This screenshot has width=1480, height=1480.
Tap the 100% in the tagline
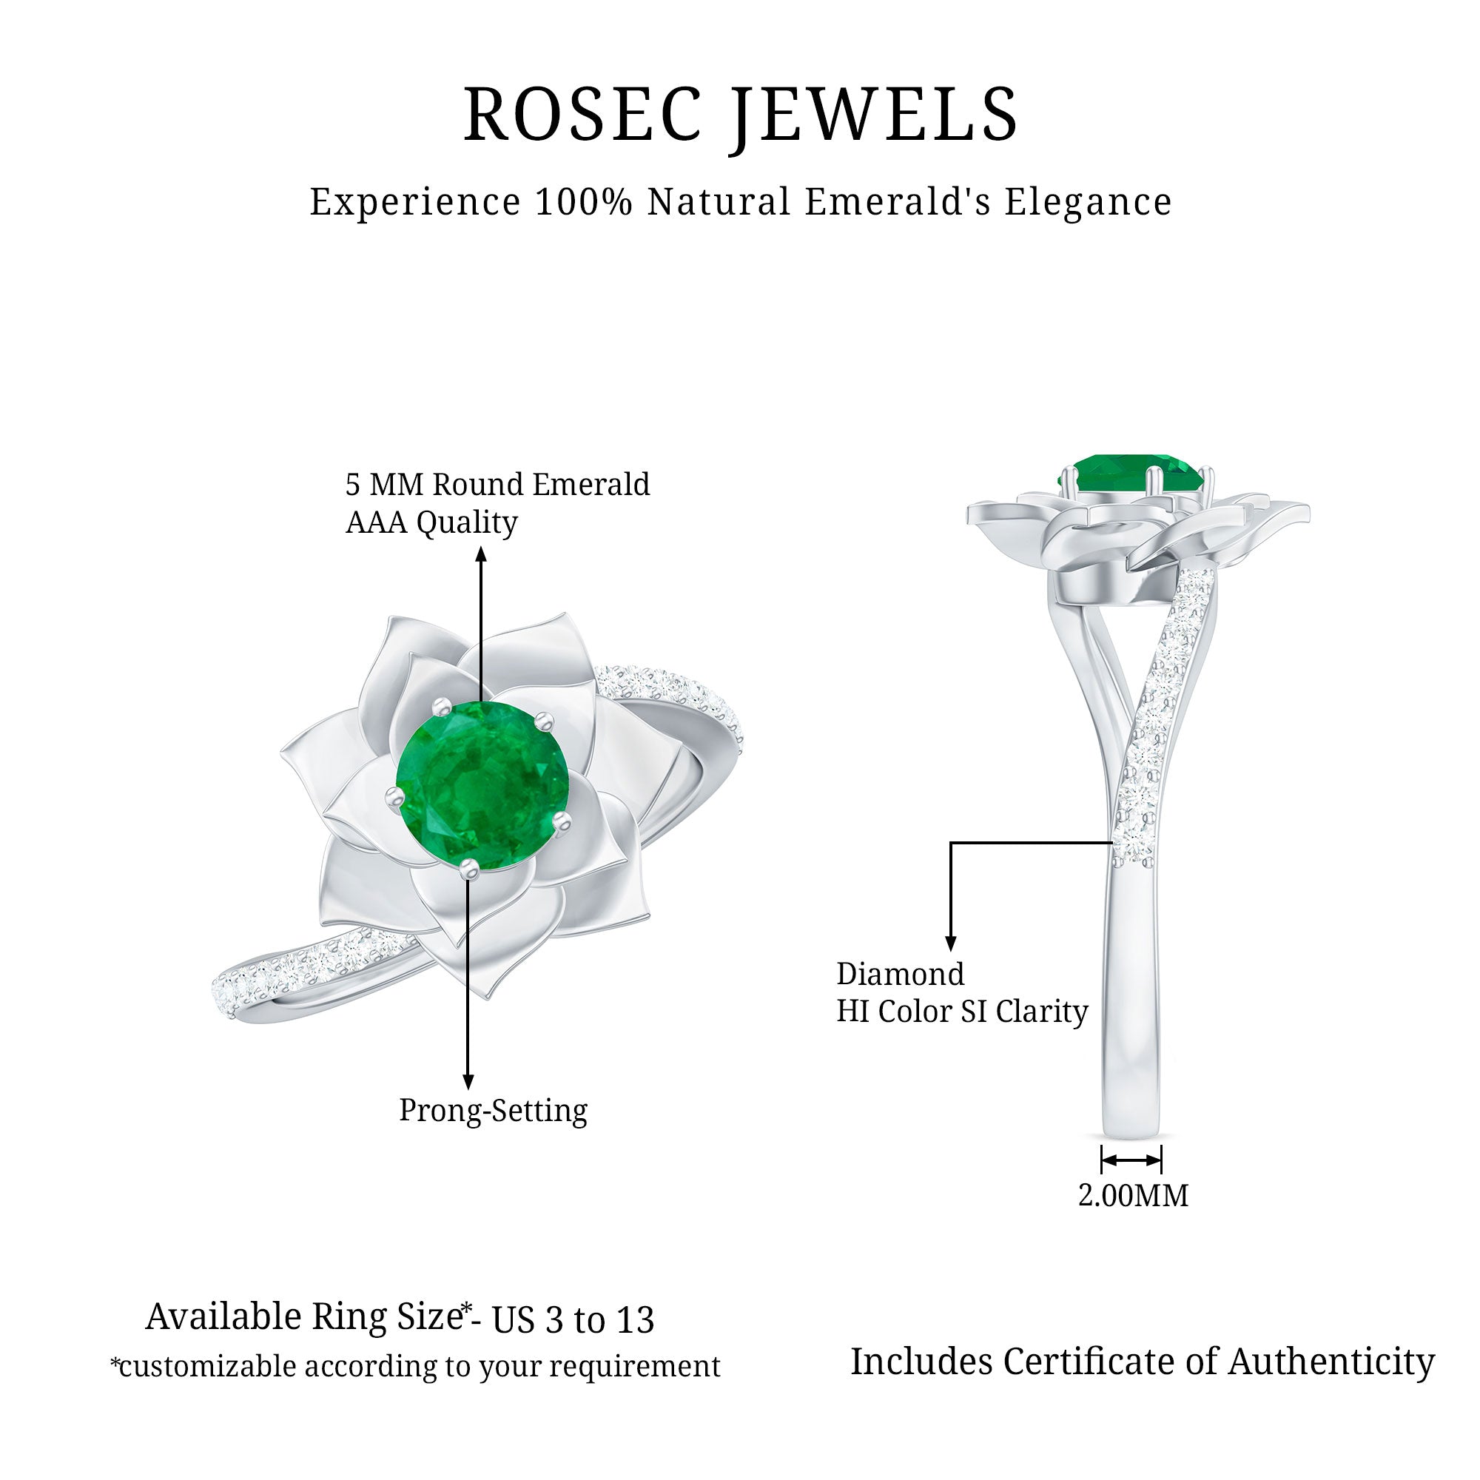click(x=584, y=202)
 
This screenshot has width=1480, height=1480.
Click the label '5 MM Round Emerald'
click(x=497, y=485)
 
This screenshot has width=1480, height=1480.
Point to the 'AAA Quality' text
click(x=431, y=523)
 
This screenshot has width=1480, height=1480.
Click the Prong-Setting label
click(x=493, y=1111)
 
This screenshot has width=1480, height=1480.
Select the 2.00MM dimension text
click(x=1133, y=1196)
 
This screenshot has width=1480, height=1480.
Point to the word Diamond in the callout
click(x=900, y=975)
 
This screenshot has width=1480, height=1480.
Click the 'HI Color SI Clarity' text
click(x=961, y=1012)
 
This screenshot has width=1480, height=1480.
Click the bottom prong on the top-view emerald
click(x=469, y=867)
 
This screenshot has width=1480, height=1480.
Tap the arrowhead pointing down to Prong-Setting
click(x=468, y=1081)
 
